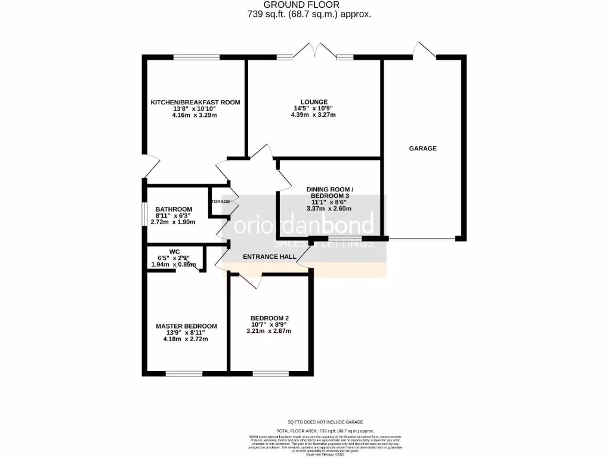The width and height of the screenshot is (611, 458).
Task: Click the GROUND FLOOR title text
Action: point(310,5)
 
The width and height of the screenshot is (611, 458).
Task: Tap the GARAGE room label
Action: point(422,148)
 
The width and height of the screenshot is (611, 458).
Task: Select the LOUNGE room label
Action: point(314,101)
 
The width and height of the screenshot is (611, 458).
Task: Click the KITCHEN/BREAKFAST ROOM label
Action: point(195,102)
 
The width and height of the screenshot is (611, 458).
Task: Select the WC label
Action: point(175,252)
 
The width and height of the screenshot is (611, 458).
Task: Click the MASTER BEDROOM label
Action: point(186,326)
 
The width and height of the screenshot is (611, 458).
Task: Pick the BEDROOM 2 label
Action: point(270,317)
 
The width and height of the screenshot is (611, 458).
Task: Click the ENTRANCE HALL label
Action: point(266,257)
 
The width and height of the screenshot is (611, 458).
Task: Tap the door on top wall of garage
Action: point(424,52)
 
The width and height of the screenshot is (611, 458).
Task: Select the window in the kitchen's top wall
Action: point(196,57)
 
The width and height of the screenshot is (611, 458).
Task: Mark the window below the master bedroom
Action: point(184,374)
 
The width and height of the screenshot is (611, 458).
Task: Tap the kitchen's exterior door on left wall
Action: point(149,167)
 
